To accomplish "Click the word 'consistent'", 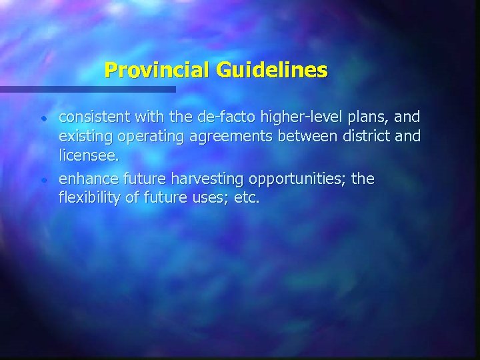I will click(x=95, y=118).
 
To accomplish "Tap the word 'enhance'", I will click(x=85, y=179).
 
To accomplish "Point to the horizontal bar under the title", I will click(x=87, y=89).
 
